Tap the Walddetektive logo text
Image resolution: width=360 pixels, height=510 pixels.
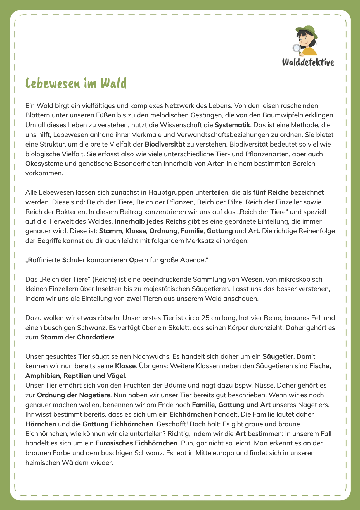(308, 62)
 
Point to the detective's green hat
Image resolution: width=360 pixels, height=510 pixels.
(306, 30)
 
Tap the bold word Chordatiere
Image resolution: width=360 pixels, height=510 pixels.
(96, 337)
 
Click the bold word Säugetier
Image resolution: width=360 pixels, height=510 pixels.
(278, 356)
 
